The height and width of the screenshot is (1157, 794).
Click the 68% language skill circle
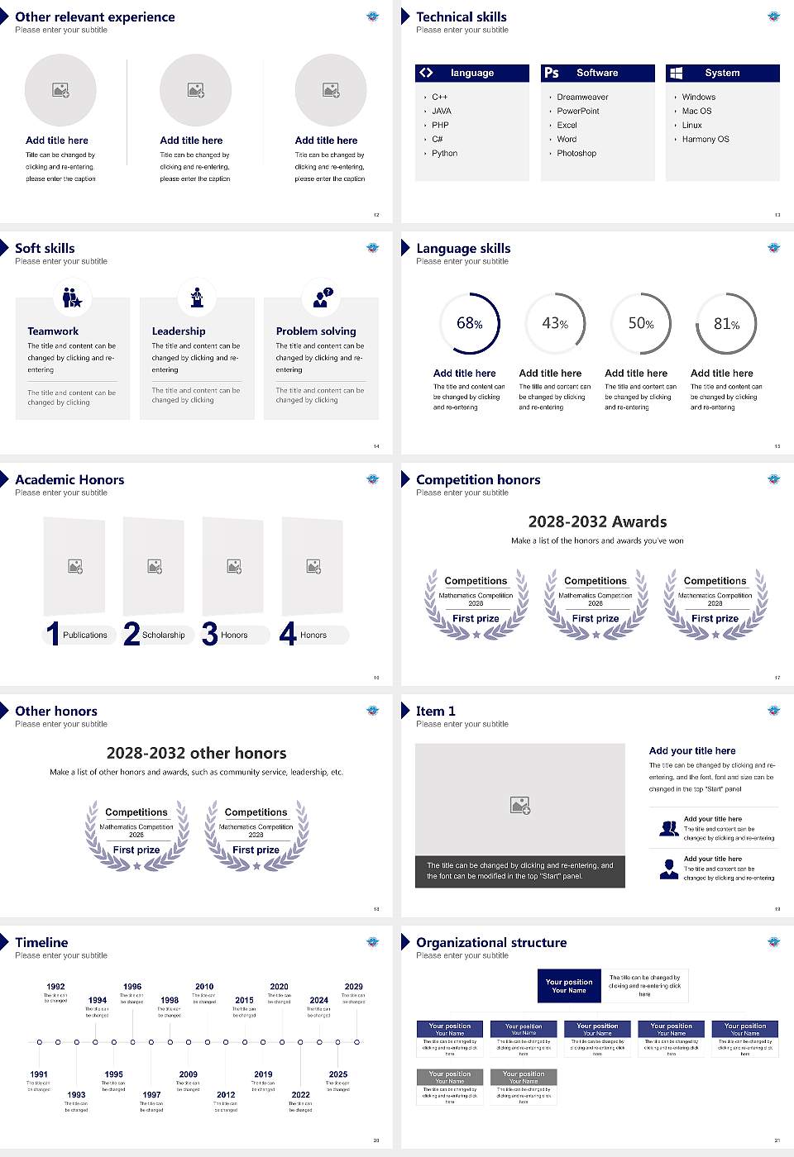[470, 323]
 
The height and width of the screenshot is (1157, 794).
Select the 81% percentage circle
[726, 323]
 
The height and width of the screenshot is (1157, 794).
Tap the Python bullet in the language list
[444, 154]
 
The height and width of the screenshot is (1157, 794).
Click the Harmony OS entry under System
[706, 140]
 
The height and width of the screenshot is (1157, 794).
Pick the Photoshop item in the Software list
[576, 154]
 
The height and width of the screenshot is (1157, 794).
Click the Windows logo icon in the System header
[677, 73]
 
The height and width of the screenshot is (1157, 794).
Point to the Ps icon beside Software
[552, 73]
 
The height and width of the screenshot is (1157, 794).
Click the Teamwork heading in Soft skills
[53, 331]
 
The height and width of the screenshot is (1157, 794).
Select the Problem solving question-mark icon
[322, 298]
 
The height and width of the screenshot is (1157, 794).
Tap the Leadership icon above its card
[197, 298]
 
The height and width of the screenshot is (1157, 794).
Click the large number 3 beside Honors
[210, 634]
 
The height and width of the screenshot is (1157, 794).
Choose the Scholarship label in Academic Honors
[163, 636]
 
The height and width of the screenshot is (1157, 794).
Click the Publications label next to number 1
[85, 636]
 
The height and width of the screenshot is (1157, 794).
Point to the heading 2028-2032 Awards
[597, 521]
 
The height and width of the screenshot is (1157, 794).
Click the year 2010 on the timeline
[204, 987]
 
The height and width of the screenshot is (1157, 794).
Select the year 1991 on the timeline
[39, 1074]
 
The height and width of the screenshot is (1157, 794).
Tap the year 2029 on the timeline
[354, 987]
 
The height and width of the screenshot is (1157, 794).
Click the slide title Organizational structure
[491, 942]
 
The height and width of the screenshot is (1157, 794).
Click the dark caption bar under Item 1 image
[520, 871]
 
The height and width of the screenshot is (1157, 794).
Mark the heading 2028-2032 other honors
[197, 753]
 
